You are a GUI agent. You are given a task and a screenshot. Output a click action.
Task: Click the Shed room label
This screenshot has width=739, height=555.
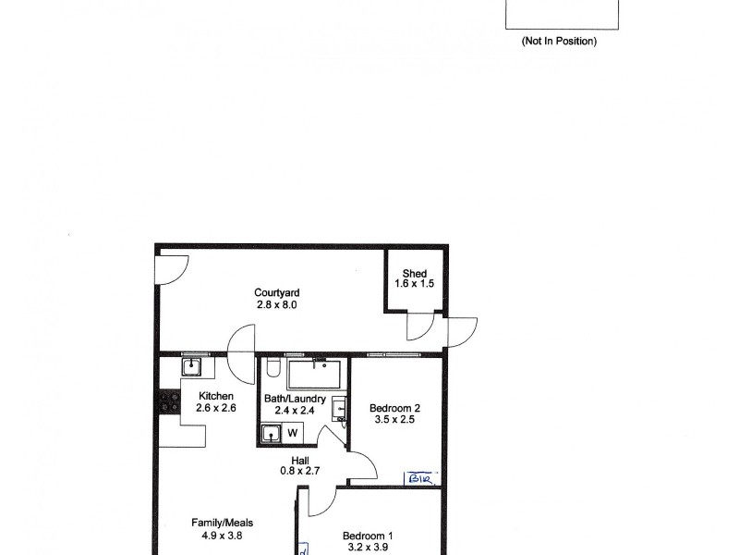(415, 274)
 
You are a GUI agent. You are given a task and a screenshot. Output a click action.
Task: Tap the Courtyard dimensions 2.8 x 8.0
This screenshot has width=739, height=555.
(277, 304)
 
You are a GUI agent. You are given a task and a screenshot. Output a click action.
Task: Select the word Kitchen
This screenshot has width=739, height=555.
(209, 396)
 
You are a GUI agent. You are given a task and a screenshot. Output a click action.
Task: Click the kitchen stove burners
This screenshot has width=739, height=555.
(169, 402)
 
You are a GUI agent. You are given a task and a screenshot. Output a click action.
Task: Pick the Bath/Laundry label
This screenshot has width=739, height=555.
(295, 399)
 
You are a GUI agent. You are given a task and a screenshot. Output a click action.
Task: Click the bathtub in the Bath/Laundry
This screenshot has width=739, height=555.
(314, 375)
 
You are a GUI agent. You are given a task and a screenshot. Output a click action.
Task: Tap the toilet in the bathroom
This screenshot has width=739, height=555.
(272, 370)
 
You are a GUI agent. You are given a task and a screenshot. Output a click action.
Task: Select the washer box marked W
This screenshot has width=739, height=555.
(292, 432)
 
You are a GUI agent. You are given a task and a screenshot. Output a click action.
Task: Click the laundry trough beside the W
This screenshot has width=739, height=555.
(272, 432)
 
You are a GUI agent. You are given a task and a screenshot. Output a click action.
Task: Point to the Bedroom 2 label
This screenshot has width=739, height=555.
(395, 408)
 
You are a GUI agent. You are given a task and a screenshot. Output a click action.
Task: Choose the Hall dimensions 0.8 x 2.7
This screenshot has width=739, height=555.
(300, 471)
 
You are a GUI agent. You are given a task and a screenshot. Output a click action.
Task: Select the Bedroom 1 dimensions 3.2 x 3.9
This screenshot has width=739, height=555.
(368, 547)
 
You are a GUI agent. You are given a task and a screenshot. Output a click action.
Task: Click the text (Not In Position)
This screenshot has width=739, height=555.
(560, 41)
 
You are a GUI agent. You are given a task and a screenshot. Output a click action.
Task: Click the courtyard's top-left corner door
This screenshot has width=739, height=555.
(169, 270)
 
